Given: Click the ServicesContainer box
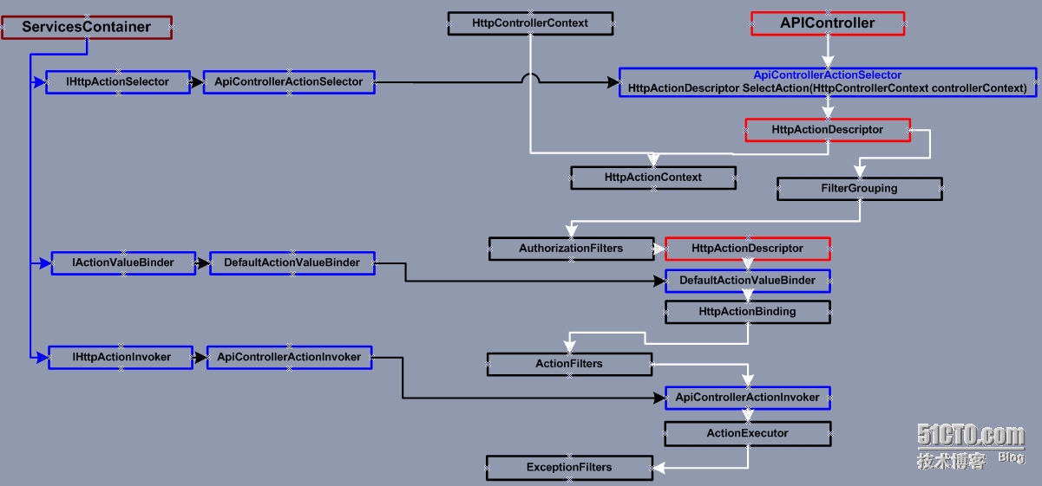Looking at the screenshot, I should [x=86, y=27].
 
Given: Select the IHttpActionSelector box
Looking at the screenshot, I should [x=118, y=82].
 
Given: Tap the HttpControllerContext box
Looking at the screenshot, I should [x=530, y=23].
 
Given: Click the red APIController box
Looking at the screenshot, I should [x=828, y=23].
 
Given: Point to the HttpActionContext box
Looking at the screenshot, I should [x=653, y=178].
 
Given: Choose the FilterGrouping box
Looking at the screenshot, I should [x=859, y=189].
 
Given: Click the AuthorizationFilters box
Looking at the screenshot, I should [x=571, y=249].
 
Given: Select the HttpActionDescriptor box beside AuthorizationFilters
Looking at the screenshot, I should [x=747, y=249].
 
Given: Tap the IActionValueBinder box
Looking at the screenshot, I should [x=123, y=262].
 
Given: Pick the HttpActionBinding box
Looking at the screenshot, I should [x=747, y=312].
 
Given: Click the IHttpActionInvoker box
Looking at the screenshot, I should [x=121, y=357].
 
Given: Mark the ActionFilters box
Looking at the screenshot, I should [x=569, y=364].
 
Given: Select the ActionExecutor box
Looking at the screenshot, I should [x=747, y=433].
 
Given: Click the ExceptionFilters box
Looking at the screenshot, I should [x=569, y=468].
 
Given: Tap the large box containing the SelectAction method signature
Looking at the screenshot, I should [x=827, y=82].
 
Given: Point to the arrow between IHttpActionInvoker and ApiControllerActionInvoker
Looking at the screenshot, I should [x=200, y=357].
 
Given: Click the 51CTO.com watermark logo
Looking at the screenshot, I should [x=970, y=436].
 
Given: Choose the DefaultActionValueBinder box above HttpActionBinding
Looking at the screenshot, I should [x=747, y=281].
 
